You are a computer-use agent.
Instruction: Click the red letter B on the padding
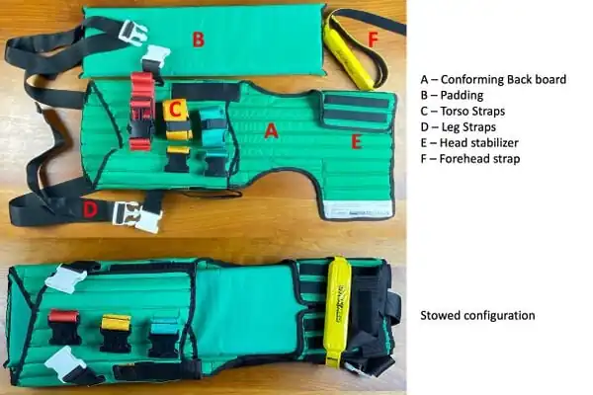[199, 39]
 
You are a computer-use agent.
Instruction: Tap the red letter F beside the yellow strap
[373, 39]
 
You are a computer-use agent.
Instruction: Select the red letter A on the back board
[271, 131]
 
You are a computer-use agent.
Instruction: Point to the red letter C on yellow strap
[175, 110]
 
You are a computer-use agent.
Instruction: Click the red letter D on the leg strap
[90, 210]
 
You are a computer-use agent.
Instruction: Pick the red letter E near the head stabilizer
[356, 142]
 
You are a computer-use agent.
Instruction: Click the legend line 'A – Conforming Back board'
[493, 79]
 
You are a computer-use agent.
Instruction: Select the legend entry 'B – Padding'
[452, 95]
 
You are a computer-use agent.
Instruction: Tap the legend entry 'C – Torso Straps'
[463, 112]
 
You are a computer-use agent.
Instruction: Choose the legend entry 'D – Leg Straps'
[458, 127]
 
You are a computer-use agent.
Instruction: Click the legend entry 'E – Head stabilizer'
[469, 143]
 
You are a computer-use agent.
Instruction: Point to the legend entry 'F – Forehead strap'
[470, 159]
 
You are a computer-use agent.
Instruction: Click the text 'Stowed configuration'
[477, 316]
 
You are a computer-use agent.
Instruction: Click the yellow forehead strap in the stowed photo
[338, 311]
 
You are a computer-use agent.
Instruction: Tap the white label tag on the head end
[358, 210]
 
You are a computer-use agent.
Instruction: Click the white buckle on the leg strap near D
[137, 216]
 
